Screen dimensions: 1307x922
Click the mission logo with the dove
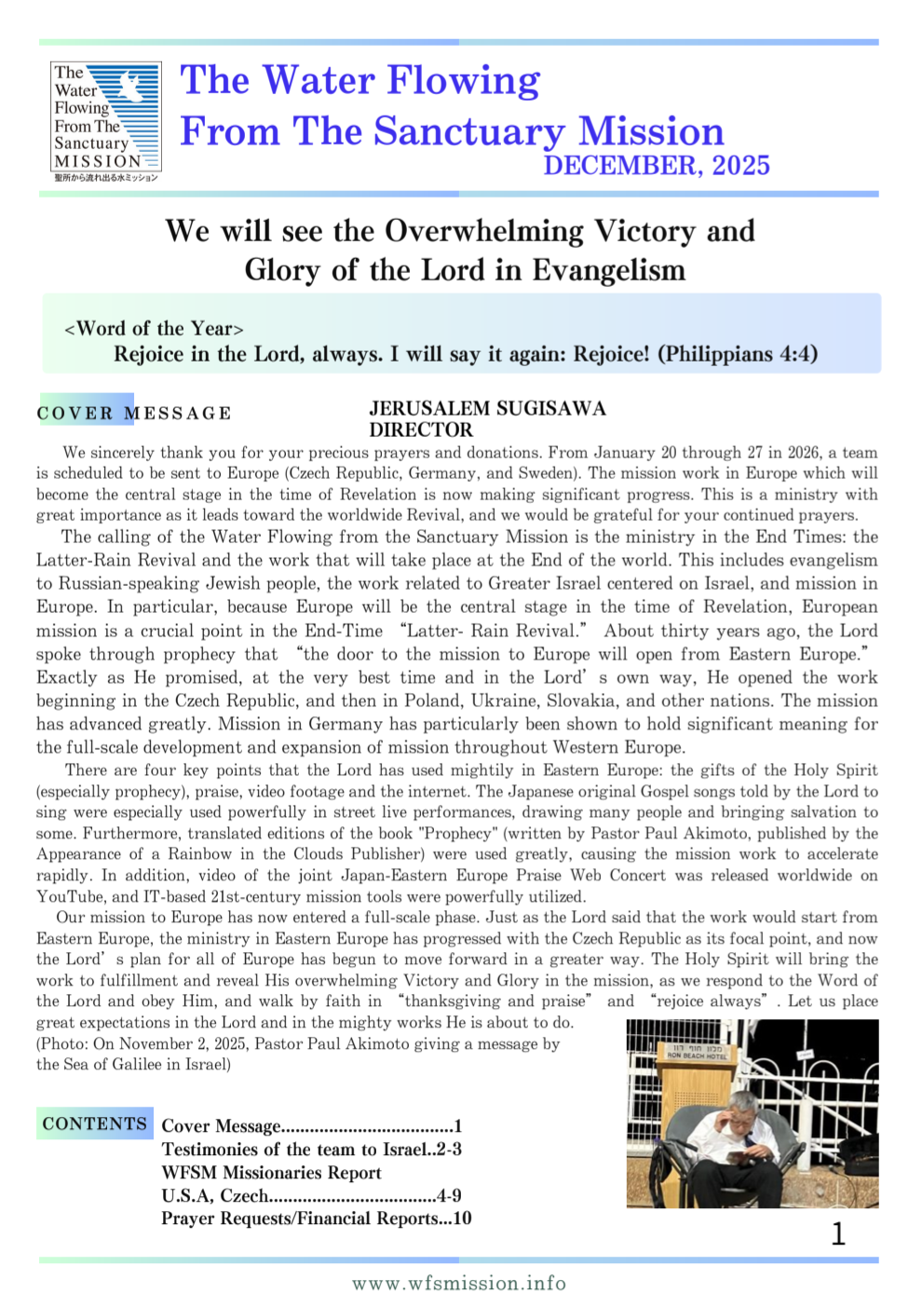tap(106, 121)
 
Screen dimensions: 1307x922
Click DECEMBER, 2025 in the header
tap(657, 166)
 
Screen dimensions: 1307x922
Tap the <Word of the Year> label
tap(154, 329)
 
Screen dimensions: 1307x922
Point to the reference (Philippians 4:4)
tap(738, 354)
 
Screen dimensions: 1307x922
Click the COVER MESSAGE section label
tap(134, 413)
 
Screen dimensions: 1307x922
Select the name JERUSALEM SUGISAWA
tap(487, 409)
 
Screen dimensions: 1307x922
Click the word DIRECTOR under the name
tap(421, 430)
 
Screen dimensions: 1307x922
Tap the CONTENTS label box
tap(94, 1123)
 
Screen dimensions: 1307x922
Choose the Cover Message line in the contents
tap(311, 1126)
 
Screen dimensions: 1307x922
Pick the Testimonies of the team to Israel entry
tap(311, 1150)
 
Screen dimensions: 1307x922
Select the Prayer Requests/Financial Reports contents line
tap(316, 1219)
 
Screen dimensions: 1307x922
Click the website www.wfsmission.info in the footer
tap(458, 1284)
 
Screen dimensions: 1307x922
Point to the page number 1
tap(838, 1234)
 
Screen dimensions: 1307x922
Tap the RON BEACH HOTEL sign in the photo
tap(697, 1054)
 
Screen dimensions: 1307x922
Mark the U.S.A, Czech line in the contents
tap(311, 1195)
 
